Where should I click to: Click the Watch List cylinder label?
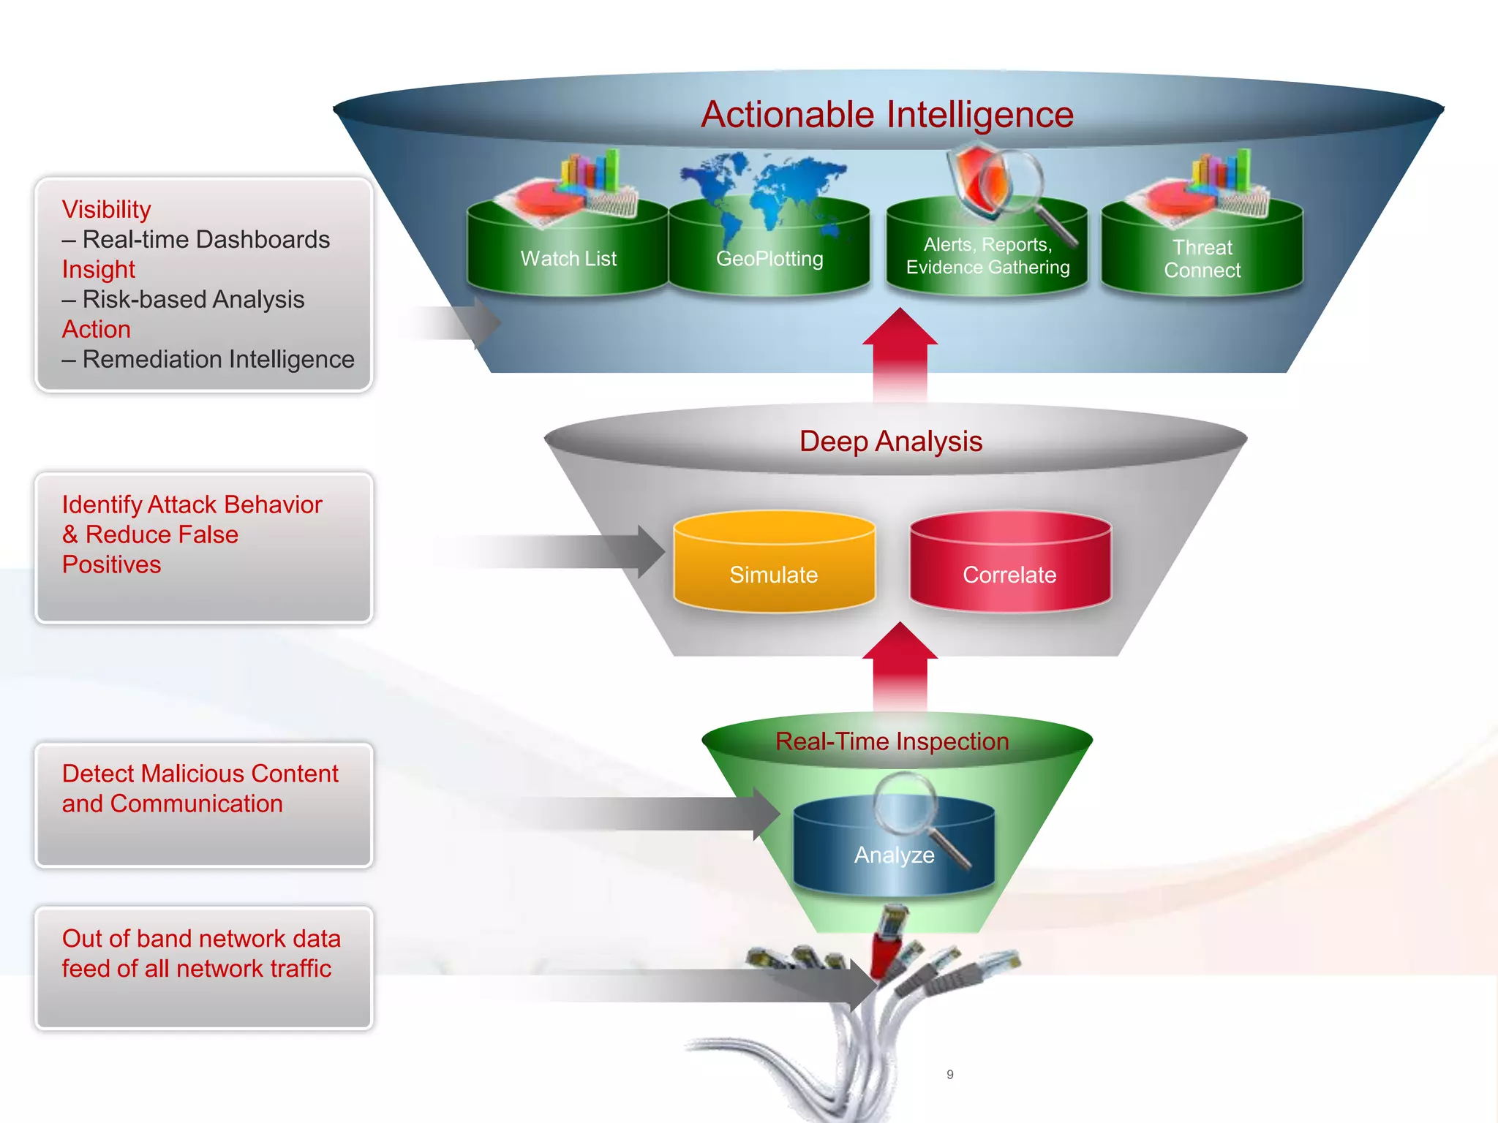tap(568, 259)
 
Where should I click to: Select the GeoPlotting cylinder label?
tap(769, 259)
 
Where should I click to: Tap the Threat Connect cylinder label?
tap(1202, 259)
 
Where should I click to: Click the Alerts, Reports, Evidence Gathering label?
tap(987, 256)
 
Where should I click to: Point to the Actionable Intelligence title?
tap(887, 115)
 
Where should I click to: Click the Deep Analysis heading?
tap(891, 442)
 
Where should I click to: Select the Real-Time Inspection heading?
tap(892, 741)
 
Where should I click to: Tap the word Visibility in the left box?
tap(107, 210)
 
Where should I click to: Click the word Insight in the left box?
tap(99, 270)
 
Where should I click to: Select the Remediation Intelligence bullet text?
tap(218, 360)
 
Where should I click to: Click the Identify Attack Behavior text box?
tap(203, 547)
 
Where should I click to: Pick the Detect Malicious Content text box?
tap(203, 804)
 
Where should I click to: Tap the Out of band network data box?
tap(203, 967)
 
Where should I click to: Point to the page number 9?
tap(949, 1075)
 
